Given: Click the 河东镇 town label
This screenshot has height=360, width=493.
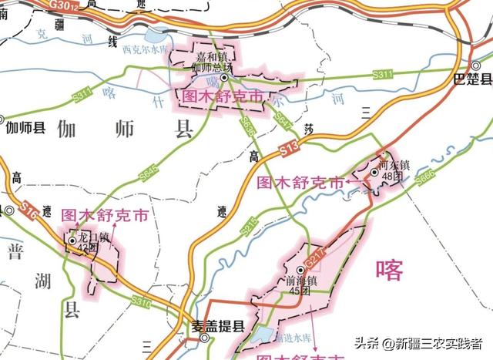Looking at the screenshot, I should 394,163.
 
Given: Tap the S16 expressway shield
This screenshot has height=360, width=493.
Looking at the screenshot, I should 29,209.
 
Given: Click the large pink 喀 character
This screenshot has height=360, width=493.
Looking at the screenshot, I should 389,269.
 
